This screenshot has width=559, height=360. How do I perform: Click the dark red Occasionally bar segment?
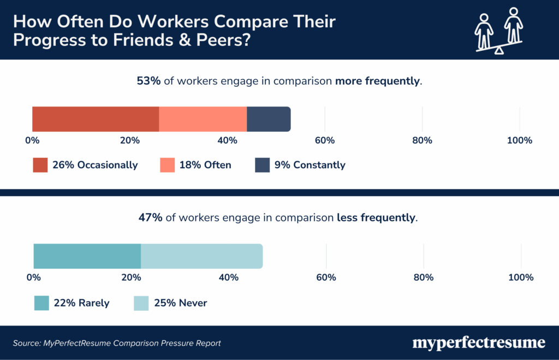pyautogui.click(x=96, y=119)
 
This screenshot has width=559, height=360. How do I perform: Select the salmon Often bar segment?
pyautogui.click(x=203, y=119)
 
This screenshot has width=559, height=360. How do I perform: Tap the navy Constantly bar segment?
pyautogui.click(x=268, y=119)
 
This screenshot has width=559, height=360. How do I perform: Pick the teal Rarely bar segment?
pyautogui.click(x=87, y=256)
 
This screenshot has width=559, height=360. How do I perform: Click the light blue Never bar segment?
pyautogui.click(x=201, y=256)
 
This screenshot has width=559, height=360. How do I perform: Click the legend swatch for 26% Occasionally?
pyautogui.click(x=40, y=165)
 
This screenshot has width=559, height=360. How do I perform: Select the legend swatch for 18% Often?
pyautogui.click(x=167, y=165)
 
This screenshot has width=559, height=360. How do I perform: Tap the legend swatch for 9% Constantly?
pyautogui.click(x=263, y=165)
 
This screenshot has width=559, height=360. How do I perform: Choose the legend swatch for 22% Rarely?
pyautogui.click(x=41, y=303)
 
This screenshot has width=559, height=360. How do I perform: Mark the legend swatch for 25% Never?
pyautogui.click(x=141, y=303)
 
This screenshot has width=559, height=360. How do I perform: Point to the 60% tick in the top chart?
pyautogui.click(x=325, y=141)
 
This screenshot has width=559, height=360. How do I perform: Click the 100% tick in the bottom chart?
pyautogui.click(x=520, y=278)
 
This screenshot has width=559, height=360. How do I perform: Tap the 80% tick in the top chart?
pyautogui.click(x=422, y=141)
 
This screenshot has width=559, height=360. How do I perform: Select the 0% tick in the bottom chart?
pyautogui.click(x=34, y=278)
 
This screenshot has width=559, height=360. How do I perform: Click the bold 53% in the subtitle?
pyautogui.click(x=148, y=81)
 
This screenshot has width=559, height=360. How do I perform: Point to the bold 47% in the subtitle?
pyautogui.click(x=150, y=218)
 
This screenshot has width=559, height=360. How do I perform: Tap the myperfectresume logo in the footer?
pyautogui.click(x=479, y=343)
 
